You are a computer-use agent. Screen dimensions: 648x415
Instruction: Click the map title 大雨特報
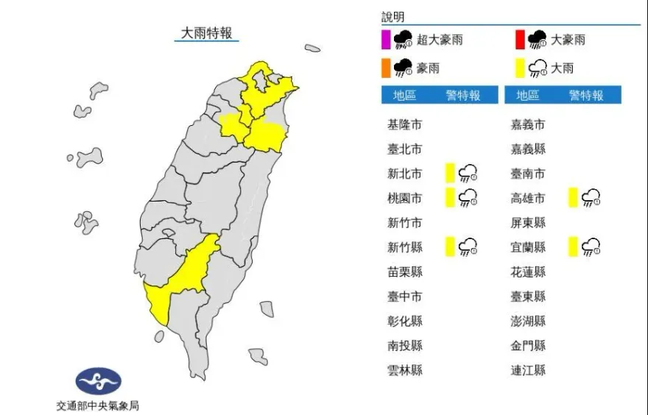tap(207, 32)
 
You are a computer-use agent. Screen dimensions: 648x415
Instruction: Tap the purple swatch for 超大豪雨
tap(385, 39)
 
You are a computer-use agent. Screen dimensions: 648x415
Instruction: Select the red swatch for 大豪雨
tap(519, 39)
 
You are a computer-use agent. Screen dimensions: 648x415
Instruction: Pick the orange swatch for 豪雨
tap(385, 68)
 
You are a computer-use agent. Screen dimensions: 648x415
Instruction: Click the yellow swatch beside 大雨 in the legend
tap(519, 68)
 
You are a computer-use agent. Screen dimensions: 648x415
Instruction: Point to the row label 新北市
tap(404, 174)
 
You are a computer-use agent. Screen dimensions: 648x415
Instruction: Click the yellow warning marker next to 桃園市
tap(449, 198)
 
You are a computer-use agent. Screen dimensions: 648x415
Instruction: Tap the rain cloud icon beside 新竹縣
tap(468, 247)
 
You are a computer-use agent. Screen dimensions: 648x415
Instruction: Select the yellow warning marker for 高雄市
tap(572, 198)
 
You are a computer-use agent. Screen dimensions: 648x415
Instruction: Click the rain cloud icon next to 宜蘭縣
tap(591, 247)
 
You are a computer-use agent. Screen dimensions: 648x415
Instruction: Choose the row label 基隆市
tap(404, 124)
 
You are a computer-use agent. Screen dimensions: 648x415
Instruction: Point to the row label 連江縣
tap(528, 370)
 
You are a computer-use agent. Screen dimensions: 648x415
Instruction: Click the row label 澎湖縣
tap(528, 321)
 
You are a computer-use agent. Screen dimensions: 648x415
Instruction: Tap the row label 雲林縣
tap(404, 370)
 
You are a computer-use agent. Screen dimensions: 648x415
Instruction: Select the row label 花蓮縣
tap(528, 272)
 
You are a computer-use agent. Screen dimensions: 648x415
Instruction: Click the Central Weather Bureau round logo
tap(98, 380)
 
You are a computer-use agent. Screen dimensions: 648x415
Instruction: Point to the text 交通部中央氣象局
tap(97, 405)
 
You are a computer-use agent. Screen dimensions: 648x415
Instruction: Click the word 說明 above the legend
tap(392, 17)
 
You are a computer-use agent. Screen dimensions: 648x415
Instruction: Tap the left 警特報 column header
tap(462, 96)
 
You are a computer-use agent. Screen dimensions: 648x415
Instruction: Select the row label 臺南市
tap(528, 174)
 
